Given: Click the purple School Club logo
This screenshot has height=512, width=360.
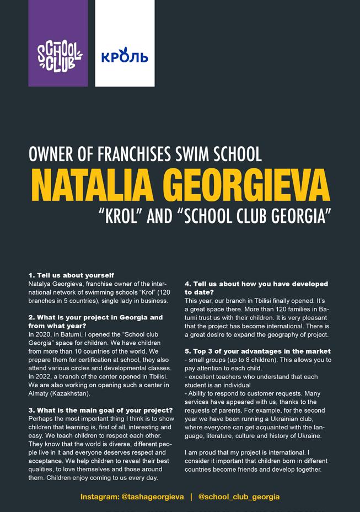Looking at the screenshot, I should point(58,56).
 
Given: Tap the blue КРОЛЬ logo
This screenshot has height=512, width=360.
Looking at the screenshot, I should point(125,56).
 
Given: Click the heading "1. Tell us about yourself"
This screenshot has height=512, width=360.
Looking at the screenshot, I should point(71,275).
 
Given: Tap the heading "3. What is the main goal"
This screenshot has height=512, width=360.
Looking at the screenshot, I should point(100,410).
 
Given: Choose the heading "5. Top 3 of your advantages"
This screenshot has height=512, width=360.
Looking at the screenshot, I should point(257,351).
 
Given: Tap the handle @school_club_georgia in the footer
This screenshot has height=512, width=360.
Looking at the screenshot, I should point(239,497).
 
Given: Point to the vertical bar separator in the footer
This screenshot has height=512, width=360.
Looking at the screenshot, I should point(191,497).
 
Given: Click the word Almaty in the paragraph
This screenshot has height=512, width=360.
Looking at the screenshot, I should point(39,393).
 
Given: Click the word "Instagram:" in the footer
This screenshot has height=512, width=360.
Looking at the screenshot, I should point(99,497).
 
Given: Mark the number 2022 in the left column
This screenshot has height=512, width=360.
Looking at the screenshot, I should point(45,376).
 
